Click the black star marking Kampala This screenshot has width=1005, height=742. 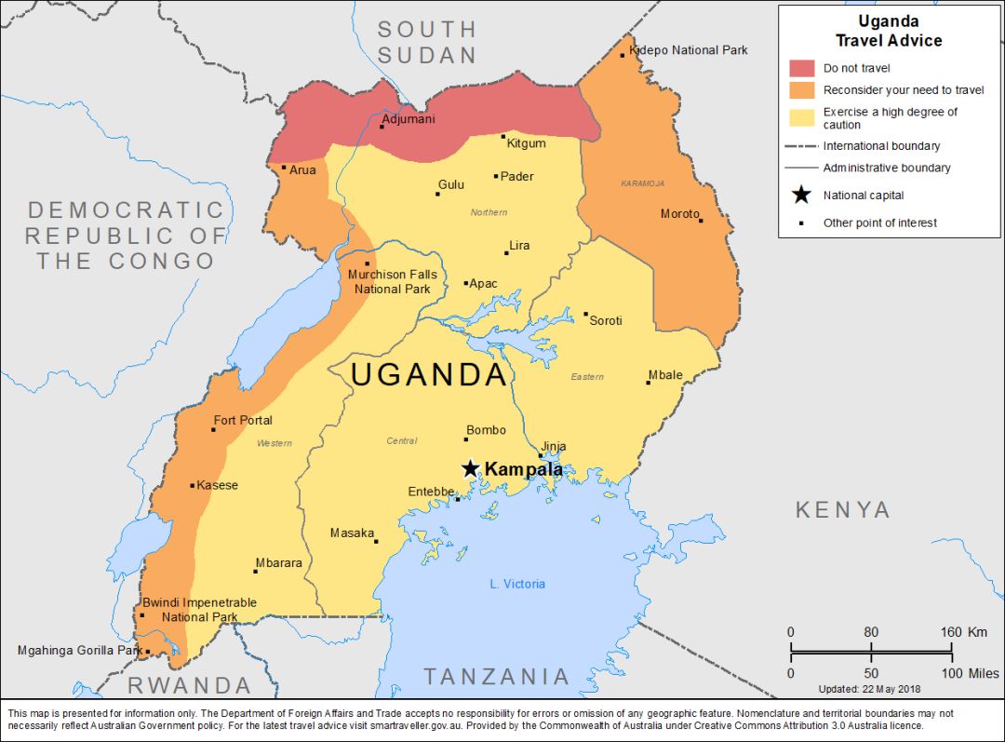[471, 468]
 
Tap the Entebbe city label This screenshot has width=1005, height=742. [431, 492]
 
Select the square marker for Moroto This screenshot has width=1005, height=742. [701, 221]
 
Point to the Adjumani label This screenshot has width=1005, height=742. [409, 119]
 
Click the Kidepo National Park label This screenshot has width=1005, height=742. [689, 50]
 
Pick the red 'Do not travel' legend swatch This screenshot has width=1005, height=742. [801, 68]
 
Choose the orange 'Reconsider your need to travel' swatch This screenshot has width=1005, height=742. [801, 90]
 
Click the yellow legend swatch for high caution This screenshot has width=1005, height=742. [801, 117]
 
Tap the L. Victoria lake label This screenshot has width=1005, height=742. [517, 584]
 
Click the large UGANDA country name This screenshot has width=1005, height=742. [429, 374]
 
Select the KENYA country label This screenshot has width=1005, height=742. [842, 509]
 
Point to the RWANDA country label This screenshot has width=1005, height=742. [189, 686]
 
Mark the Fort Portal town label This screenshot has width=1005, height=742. [243, 420]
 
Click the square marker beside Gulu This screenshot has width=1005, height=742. [437, 194]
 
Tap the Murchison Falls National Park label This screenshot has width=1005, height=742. [392, 282]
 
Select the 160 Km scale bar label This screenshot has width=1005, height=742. [964, 632]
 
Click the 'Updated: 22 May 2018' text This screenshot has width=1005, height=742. [868, 689]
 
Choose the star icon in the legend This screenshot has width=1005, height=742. [800, 196]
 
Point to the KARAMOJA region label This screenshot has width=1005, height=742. [643, 183]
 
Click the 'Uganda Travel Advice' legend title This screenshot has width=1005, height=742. [888, 32]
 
